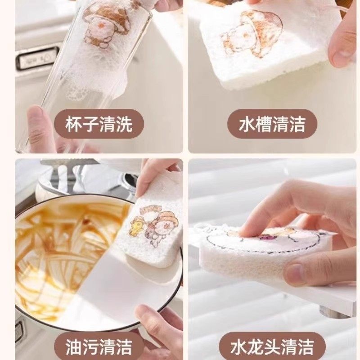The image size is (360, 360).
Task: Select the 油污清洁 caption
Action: [99, 347]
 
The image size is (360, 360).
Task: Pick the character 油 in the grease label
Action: [73, 347]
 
